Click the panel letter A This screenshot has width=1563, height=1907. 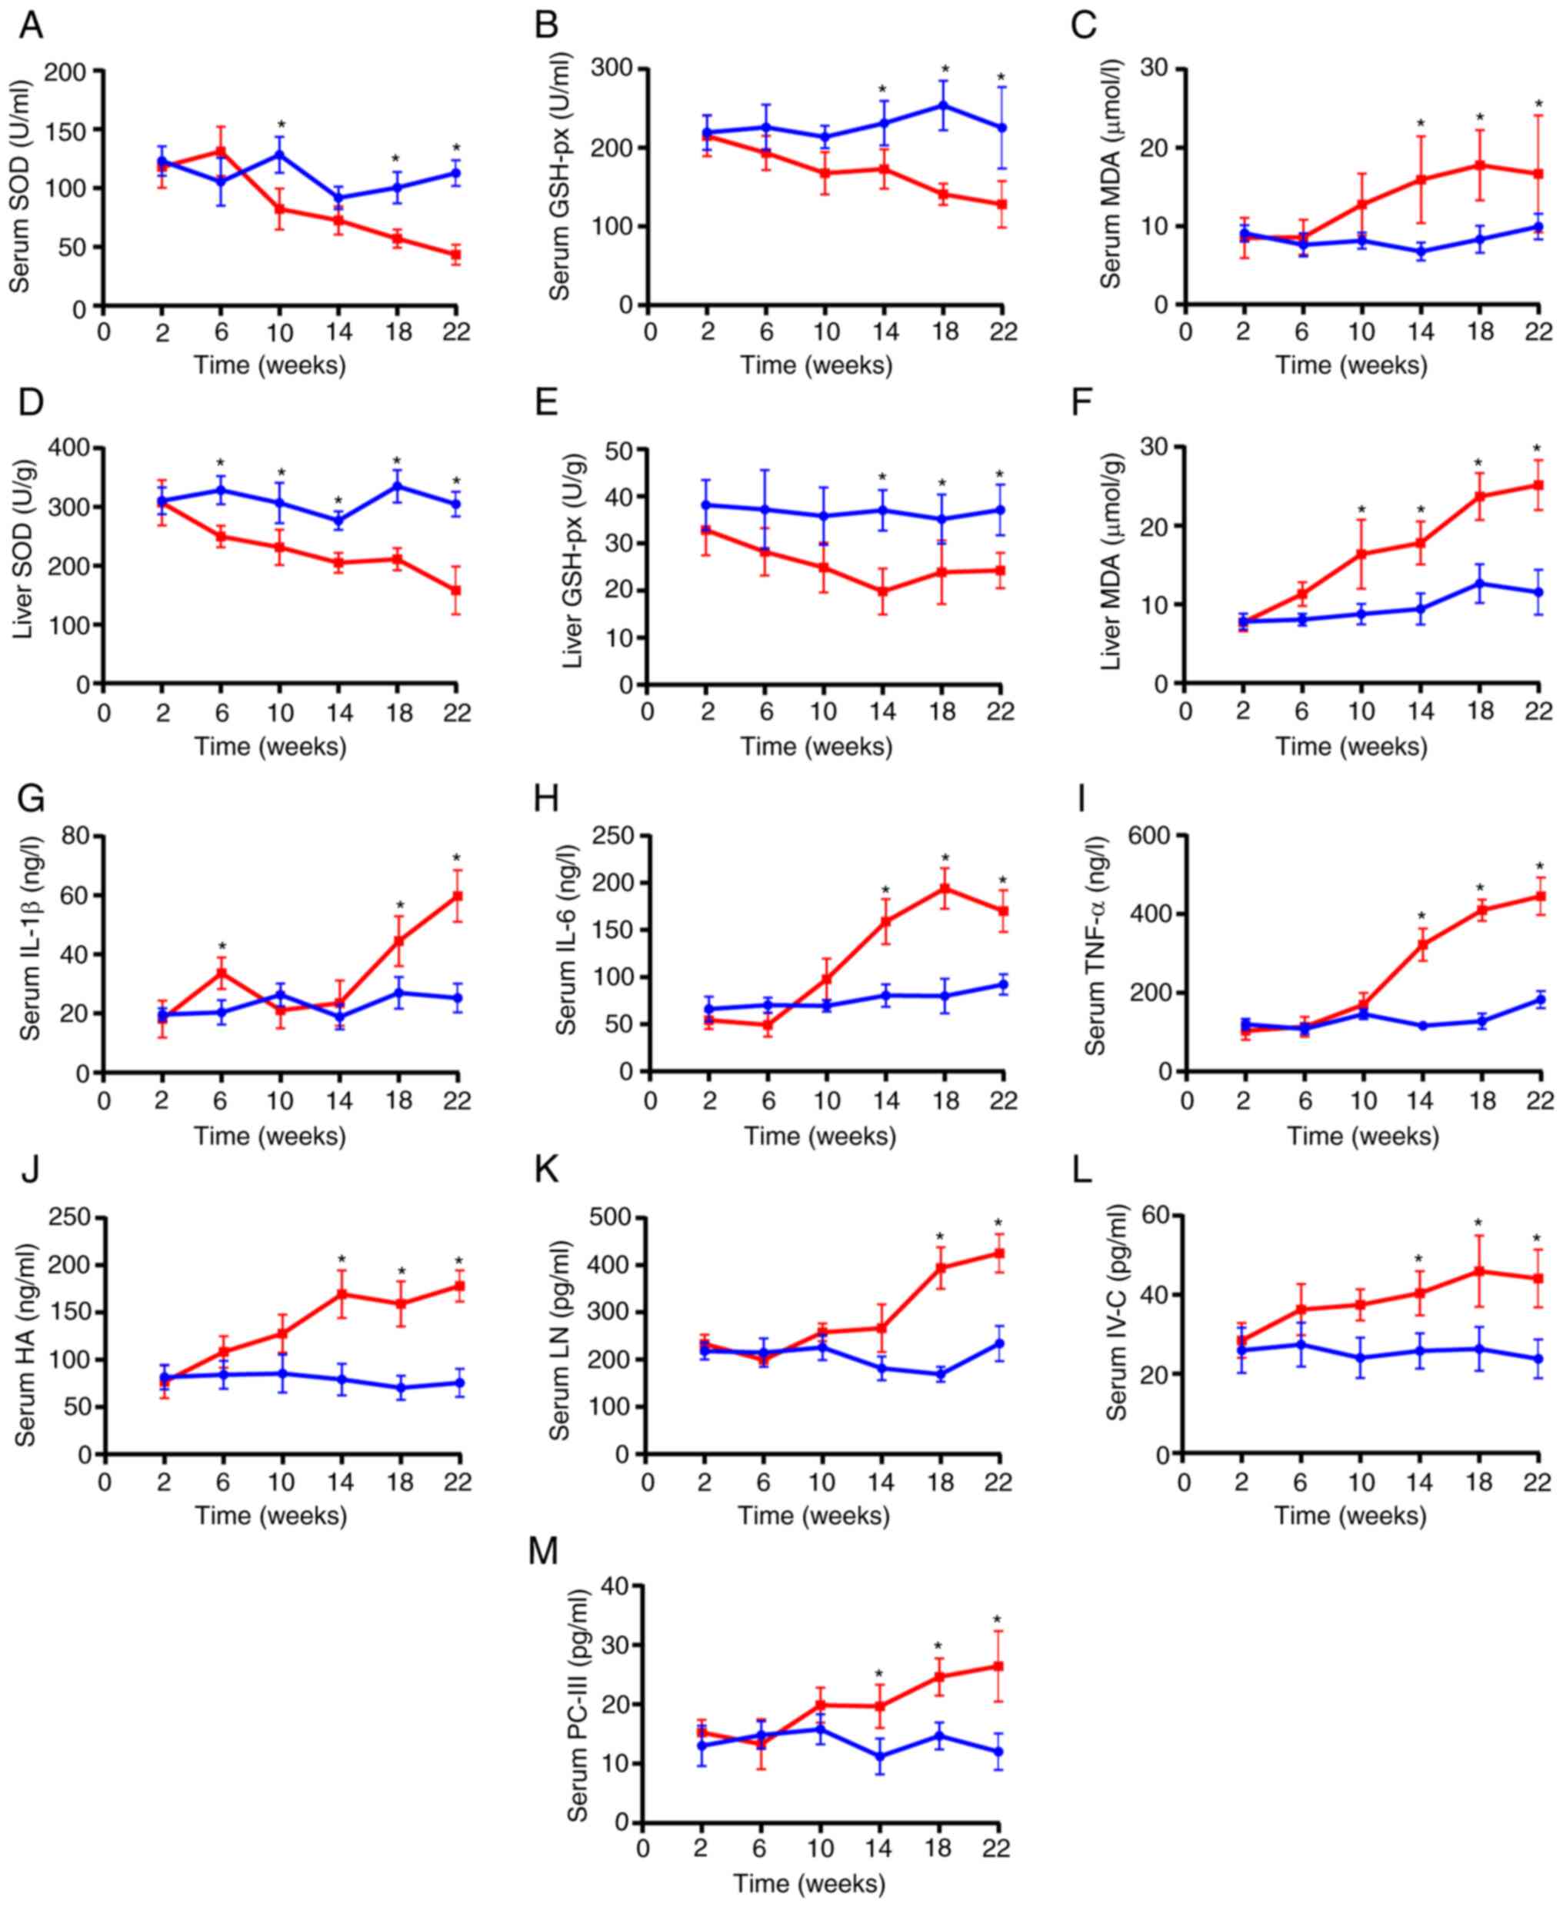click(31, 25)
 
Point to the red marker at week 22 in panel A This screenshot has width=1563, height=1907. click(456, 255)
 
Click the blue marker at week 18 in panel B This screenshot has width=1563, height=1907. click(944, 105)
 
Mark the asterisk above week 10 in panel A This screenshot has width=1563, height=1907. click(281, 125)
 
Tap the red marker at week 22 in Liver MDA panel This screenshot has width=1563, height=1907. click(1538, 485)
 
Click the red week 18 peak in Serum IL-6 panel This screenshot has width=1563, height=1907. click(945, 888)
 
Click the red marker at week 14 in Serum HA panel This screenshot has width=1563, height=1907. click(342, 1294)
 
